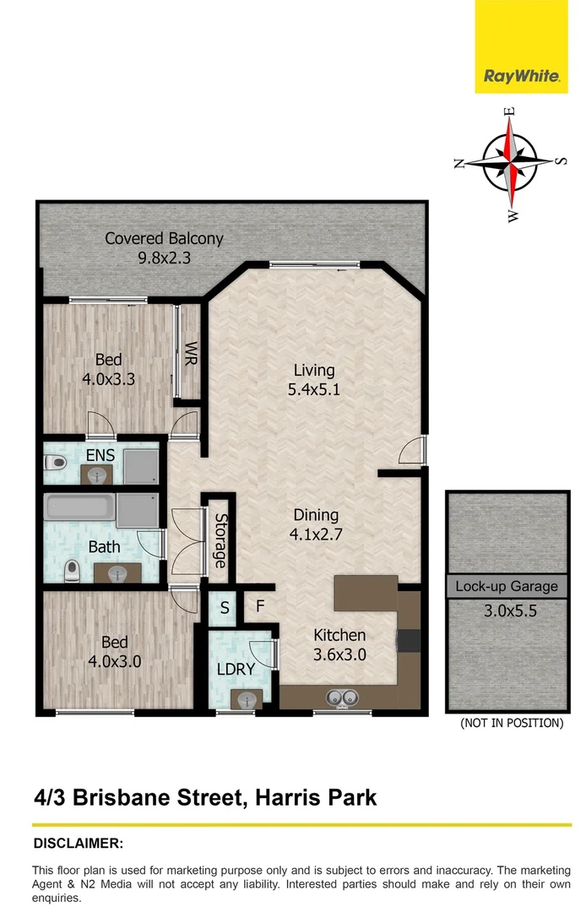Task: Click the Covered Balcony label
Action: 164,238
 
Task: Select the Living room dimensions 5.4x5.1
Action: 314,390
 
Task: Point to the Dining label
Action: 316,514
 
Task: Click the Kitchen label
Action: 339,635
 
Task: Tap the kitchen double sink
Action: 344,698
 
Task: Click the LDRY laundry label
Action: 235,669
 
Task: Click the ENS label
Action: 100,456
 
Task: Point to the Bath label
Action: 104,547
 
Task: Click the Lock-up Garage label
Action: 507,586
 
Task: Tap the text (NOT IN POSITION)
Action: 512,723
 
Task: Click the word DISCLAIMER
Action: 78,843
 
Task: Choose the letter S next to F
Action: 225,607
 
